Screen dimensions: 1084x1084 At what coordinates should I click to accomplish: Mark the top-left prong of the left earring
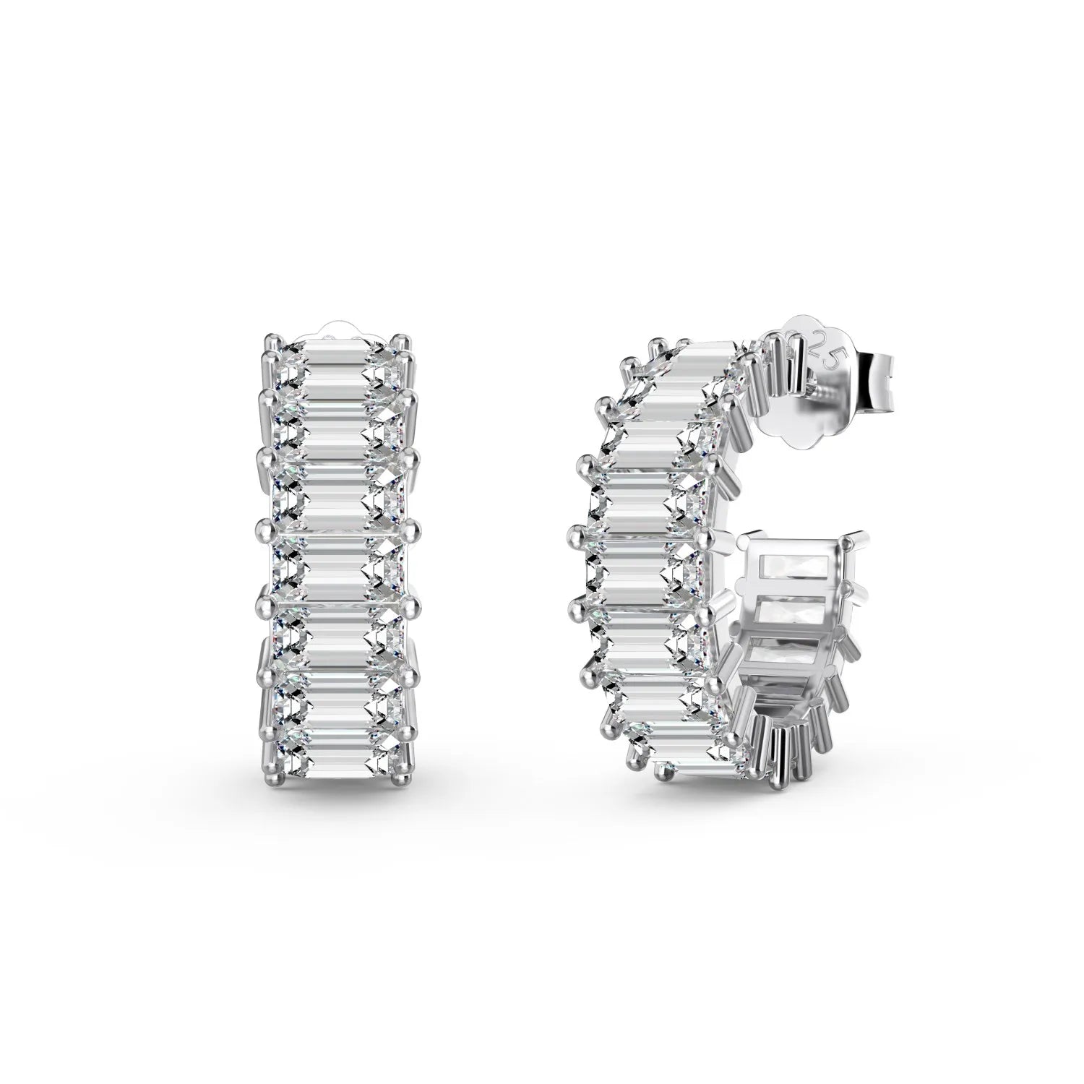[270, 338]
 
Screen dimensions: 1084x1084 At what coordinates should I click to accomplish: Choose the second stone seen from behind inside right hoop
[791, 611]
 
